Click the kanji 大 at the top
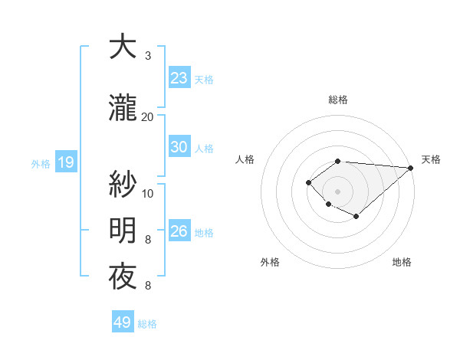pos(123,47)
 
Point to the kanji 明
pos(123,230)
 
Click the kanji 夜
pos(123,277)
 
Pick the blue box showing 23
pos(179,77)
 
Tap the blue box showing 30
pos(179,147)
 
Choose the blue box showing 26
pos(179,231)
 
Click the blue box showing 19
pos(65,162)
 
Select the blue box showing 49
pos(122,322)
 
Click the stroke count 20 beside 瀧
pos(148,116)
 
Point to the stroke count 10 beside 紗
pos(148,193)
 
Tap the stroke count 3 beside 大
pos(148,56)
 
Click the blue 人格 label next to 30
pos(203,148)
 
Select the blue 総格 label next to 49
pos(147,324)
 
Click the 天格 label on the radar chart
pos(431,159)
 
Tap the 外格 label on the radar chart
pos(270,262)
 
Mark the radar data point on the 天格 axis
pos(412,168)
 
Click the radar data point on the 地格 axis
pos(356,218)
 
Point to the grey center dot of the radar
pos(337,191)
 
